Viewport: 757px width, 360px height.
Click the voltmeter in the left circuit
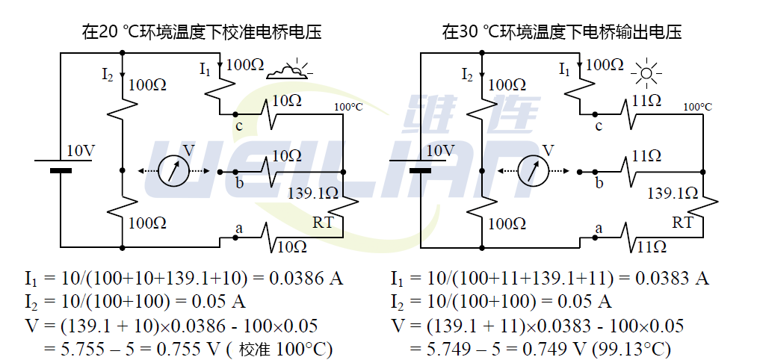tap(173, 171)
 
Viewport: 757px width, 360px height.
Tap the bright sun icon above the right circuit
tap(646, 72)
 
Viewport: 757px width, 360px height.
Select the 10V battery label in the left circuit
tap(81, 151)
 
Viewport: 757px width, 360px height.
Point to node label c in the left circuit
tap(239, 125)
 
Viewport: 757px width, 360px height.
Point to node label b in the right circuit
tap(599, 182)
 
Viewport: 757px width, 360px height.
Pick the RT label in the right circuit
tap(682, 223)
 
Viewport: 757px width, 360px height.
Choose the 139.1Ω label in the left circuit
tap(313, 193)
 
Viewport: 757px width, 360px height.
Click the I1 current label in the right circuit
tap(565, 69)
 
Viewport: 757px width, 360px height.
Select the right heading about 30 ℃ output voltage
tap(562, 32)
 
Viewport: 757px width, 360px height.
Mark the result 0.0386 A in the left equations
tap(310, 279)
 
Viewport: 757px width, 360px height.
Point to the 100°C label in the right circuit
tap(698, 107)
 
